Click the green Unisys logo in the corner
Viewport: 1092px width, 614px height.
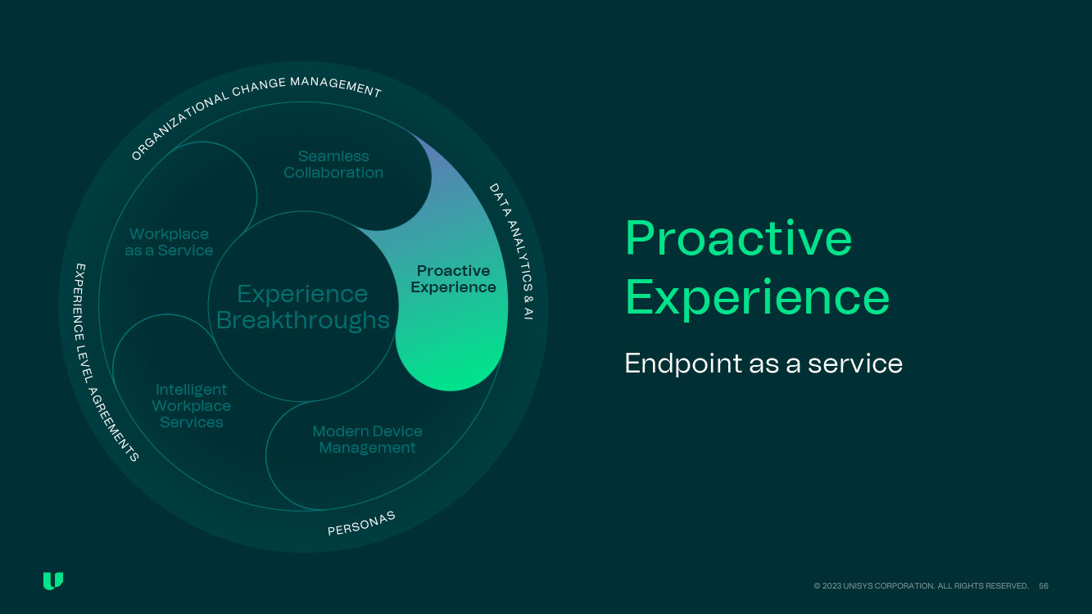[53, 581]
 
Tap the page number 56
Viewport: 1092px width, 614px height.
[1044, 586]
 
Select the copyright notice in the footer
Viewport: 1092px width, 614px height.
[921, 586]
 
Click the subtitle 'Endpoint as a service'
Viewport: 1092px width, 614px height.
[763, 363]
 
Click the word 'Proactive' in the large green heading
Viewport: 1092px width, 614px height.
[738, 238]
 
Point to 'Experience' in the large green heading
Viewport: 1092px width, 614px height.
[757, 297]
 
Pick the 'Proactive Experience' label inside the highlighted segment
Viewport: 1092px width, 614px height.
[453, 279]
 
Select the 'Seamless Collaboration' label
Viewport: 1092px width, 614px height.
[333, 165]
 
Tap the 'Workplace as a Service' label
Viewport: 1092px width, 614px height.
[169, 242]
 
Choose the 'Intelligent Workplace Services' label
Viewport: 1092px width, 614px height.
[192, 406]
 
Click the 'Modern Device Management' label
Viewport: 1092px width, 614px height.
[367, 440]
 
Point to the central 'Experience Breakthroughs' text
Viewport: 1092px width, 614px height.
[302, 306]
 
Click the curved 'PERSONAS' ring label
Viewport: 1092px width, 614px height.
[362, 523]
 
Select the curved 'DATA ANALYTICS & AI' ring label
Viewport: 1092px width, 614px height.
[512, 250]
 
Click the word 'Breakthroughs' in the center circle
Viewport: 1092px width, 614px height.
[302, 320]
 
